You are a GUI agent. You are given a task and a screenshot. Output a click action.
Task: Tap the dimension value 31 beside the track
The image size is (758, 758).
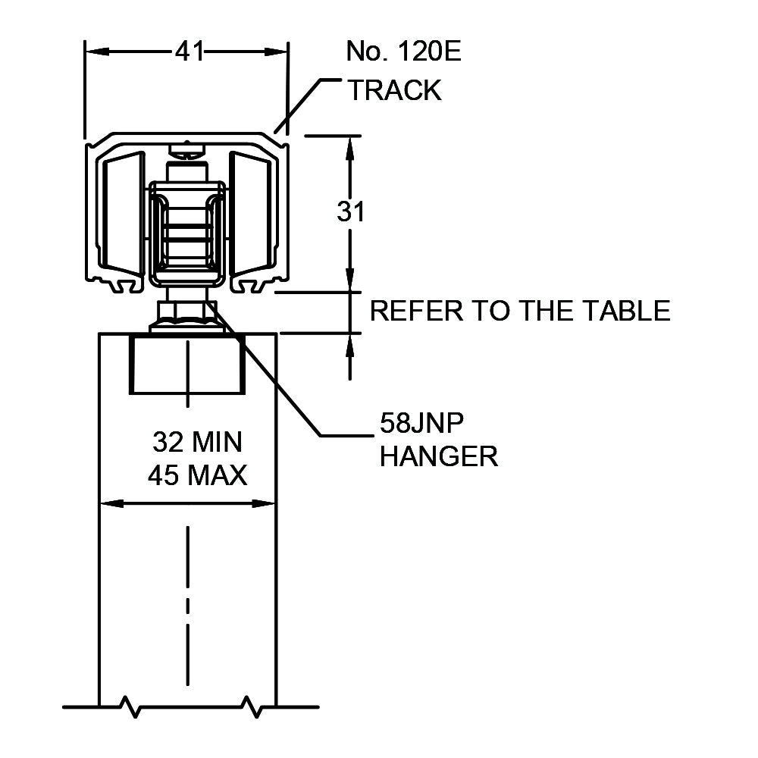351,212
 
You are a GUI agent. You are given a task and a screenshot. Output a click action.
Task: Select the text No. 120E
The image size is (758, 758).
403,52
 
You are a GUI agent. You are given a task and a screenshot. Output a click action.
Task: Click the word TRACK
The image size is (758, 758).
394,90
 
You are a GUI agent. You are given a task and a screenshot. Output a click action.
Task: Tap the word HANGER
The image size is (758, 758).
439,456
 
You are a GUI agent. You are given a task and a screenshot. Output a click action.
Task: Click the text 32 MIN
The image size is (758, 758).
197,441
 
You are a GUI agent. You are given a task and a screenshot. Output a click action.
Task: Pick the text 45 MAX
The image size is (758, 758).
197,476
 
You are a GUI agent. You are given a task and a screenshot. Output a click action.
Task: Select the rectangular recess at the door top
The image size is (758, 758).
186,364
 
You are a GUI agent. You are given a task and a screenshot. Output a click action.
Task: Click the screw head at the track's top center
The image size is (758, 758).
187,147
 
